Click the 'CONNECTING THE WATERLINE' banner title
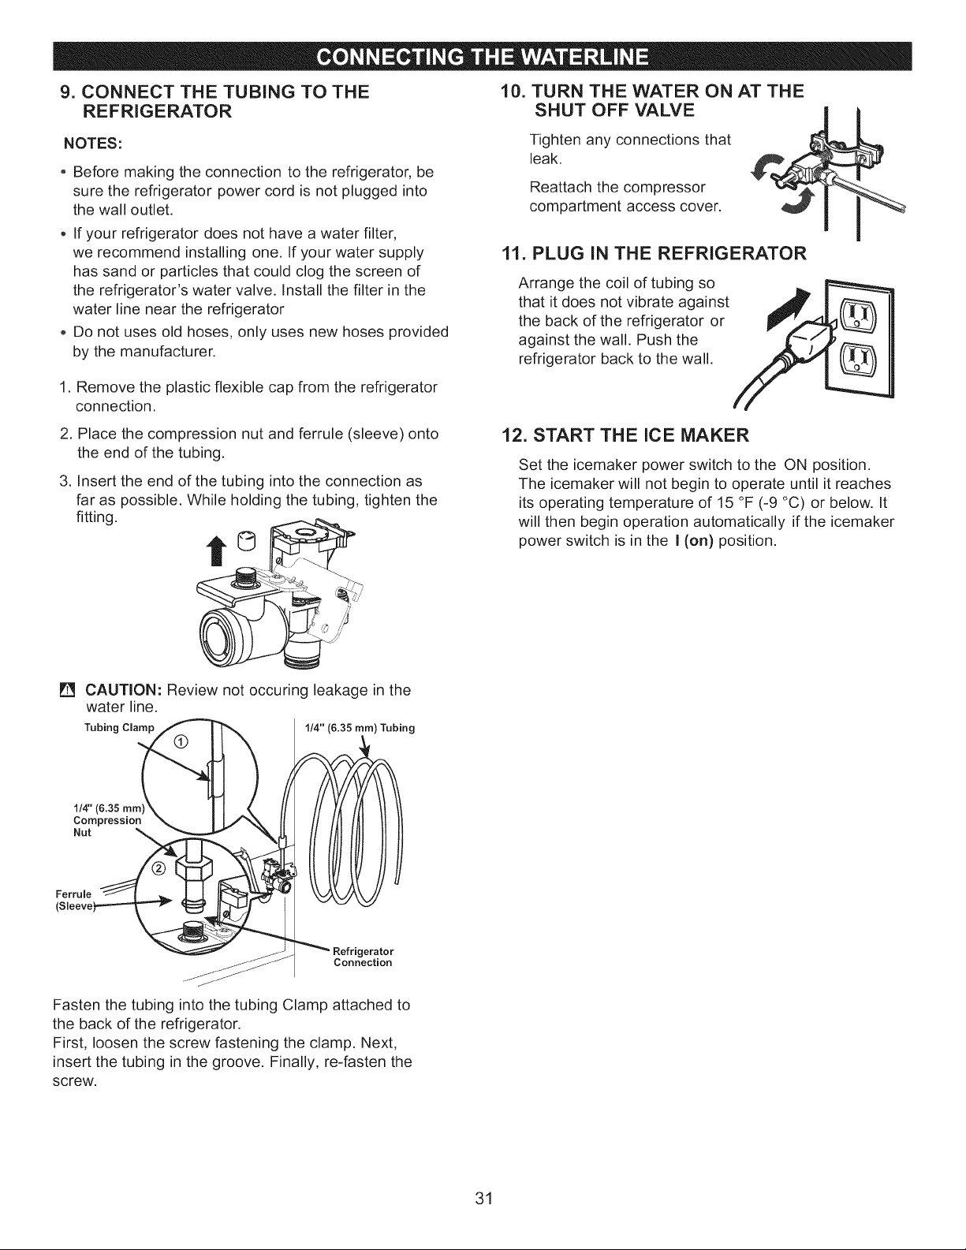pyautogui.click(x=483, y=57)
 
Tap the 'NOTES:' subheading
pyautogui.click(x=92, y=144)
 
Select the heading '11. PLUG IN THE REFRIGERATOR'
pyautogui.click(x=654, y=253)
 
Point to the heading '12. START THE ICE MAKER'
pyautogui.click(x=625, y=435)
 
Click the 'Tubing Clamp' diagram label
pyautogui.click(x=120, y=728)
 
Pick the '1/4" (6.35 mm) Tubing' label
pyautogui.click(x=360, y=728)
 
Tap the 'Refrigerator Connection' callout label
pyautogui.click(x=364, y=957)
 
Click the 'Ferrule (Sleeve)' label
pyautogui.click(x=74, y=901)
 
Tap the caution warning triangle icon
pyautogui.click(x=67, y=689)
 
